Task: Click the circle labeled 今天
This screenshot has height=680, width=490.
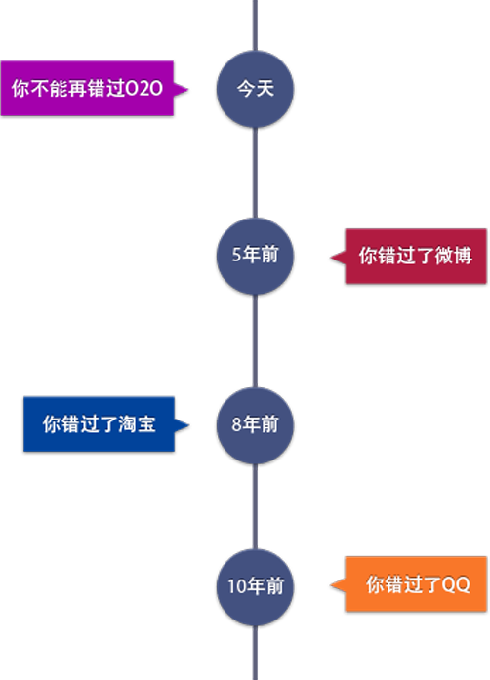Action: coord(255,89)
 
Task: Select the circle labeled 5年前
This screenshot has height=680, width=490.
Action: coord(255,257)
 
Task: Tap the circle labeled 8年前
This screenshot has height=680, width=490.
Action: coord(255,425)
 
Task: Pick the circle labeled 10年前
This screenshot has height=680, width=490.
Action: coord(255,587)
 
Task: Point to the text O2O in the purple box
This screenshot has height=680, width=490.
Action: coord(143,89)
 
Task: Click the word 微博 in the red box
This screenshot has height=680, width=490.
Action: coord(453,256)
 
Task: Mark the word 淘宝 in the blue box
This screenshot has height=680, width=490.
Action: coord(137,423)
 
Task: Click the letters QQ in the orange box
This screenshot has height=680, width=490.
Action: coord(456,584)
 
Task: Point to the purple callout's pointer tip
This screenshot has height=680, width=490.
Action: coord(188,90)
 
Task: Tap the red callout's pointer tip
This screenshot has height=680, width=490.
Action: coord(331,258)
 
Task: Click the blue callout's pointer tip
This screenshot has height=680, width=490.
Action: coord(189,425)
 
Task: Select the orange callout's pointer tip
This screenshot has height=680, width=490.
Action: coord(331,585)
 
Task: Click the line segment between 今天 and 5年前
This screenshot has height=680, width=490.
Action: coord(255,173)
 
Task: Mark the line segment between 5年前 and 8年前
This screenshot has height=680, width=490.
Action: coord(255,341)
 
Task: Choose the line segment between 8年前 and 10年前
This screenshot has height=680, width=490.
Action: coord(255,506)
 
